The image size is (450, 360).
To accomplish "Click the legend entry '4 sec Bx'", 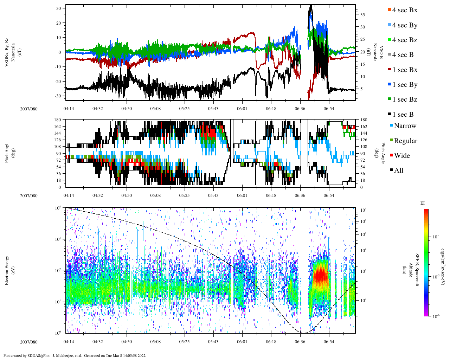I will click(404, 10).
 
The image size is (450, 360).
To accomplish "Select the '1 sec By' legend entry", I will click(404, 85).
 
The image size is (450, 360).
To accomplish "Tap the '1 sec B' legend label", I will click(403, 115).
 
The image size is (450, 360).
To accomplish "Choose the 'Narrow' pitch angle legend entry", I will click(405, 126).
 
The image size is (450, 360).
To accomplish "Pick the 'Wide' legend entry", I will click(401, 156).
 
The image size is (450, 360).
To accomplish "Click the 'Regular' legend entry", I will click(405, 141).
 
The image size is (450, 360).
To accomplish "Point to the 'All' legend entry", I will click(398, 171).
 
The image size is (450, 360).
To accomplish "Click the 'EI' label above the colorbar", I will click(423, 203).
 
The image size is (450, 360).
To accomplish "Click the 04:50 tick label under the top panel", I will click(127, 109).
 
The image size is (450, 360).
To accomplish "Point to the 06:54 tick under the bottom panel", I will click(329, 342).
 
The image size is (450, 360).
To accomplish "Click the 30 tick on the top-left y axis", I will click(59, 8).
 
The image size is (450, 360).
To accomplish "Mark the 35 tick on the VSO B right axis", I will click(362, 15).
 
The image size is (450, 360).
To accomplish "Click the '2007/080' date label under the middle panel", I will click(28, 196).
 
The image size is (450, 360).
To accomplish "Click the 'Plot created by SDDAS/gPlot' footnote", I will click(75, 355).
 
